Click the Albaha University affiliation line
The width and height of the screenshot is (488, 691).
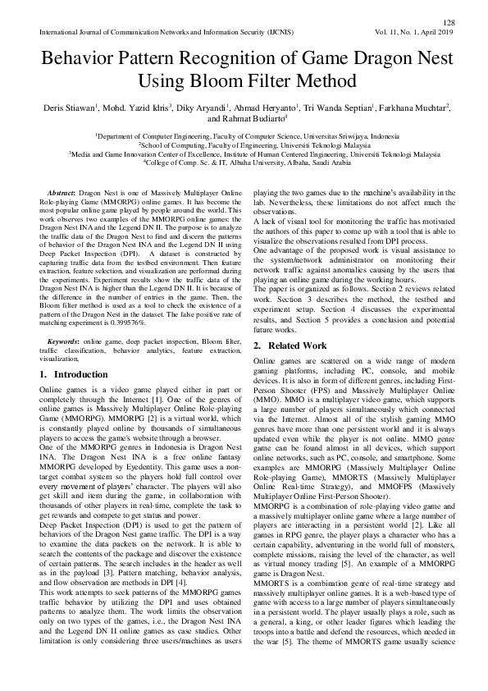[x=244, y=162]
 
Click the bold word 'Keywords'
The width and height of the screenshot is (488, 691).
[x=63, y=339]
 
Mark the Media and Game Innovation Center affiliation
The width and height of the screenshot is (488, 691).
[x=244, y=153]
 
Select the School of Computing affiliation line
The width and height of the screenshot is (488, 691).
[x=244, y=144]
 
